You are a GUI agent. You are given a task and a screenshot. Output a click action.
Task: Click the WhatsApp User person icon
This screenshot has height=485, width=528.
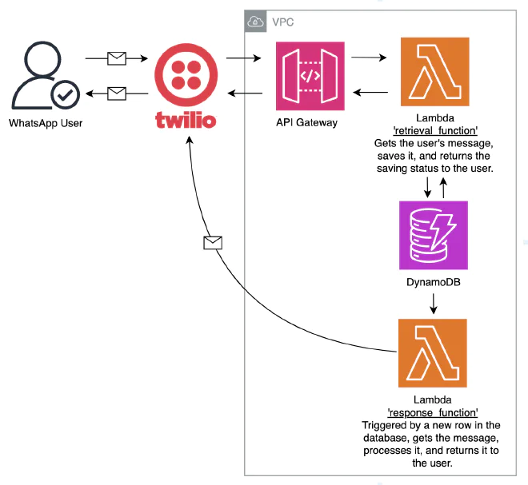pos(46,75)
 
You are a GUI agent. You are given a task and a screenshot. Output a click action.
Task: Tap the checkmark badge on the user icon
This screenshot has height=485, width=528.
pos(66,95)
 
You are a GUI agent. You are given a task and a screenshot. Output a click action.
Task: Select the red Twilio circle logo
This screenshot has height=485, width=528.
pos(186,74)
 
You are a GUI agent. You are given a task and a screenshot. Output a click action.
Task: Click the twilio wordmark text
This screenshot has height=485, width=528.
pos(186,120)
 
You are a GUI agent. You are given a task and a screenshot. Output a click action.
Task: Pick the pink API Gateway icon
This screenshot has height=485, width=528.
pos(310,76)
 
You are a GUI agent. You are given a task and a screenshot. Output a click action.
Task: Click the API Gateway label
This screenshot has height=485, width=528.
pos(306,122)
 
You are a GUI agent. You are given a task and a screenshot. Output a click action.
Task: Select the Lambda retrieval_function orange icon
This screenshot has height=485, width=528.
pos(434,72)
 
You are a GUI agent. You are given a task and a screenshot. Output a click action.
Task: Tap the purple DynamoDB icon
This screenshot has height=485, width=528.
pos(434,235)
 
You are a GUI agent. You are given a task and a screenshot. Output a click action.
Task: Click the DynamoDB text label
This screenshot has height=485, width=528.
pos(434,282)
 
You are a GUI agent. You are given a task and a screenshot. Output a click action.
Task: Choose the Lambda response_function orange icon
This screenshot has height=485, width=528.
pos(432,353)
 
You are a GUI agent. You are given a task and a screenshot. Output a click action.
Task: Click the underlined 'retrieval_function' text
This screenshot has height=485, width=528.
pos(435,130)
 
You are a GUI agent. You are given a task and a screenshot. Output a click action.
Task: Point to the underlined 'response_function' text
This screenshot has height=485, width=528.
pos(433,412)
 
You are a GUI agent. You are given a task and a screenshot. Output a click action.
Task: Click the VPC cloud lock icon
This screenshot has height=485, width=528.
pos(255,22)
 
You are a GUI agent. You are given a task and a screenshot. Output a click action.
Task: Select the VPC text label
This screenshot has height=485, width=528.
pos(283,22)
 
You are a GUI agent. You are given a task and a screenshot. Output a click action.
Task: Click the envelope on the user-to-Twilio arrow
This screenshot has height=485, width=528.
pos(117,58)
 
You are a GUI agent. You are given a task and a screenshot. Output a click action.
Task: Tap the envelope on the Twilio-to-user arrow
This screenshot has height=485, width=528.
pos(117,93)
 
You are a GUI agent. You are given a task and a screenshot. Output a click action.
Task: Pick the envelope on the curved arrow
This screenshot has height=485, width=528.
pos(213,243)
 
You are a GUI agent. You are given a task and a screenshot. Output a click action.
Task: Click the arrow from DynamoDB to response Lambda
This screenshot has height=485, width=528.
pos(434,304)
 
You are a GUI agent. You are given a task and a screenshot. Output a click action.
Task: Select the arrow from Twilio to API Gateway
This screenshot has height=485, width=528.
pos(243,58)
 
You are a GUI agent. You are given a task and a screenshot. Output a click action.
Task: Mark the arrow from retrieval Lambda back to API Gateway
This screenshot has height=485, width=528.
pos(370,92)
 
